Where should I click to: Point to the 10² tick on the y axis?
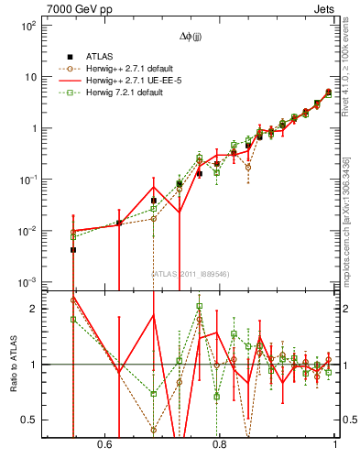(x=28, y=27)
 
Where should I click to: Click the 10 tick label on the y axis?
(x=30, y=77)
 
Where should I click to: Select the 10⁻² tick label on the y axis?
(x=28, y=231)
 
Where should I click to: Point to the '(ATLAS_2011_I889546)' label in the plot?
(x=191, y=273)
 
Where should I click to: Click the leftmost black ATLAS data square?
(x=73, y=249)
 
